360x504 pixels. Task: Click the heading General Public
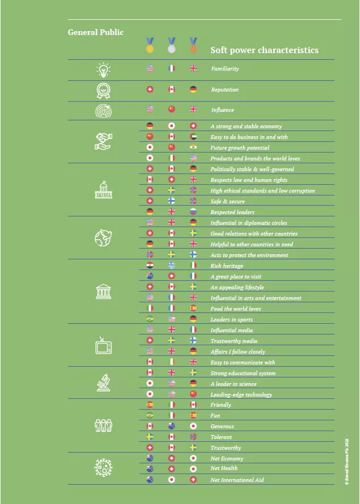click(x=96, y=32)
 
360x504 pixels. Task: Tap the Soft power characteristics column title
click(x=264, y=50)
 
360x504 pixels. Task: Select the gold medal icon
click(x=150, y=45)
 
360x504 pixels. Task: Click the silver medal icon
click(x=171, y=45)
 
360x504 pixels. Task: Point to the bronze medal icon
click(x=193, y=45)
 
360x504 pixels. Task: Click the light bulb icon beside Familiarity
click(x=103, y=69)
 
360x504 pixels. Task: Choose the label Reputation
click(x=224, y=90)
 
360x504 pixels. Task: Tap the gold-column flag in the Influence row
click(x=150, y=110)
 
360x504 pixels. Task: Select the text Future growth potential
click(x=240, y=148)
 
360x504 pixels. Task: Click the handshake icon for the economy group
click(x=103, y=142)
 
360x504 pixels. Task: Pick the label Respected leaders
click(x=232, y=212)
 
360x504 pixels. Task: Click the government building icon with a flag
click(x=103, y=190)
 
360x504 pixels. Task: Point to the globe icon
click(x=103, y=238)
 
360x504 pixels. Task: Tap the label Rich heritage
click(x=227, y=266)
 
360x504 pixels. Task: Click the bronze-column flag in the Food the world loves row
click(x=193, y=309)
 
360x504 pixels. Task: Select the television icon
click(x=103, y=345)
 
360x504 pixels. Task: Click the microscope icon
click(x=103, y=383)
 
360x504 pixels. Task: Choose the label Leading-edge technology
click(x=241, y=395)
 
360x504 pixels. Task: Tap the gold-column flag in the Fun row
click(x=150, y=416)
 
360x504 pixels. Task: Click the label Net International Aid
click(x=237, y=480)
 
